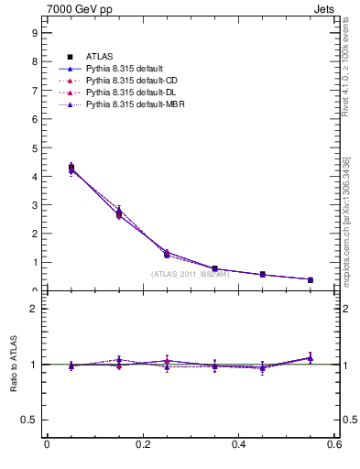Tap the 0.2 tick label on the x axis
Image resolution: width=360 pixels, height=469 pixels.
coord(143,445)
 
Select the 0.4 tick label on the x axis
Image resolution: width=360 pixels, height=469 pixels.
coord(239,445)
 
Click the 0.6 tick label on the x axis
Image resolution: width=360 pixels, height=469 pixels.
coord(334,445)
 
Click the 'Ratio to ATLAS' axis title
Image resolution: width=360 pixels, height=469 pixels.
coord(13,365)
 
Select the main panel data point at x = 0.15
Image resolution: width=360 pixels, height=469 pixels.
coord(119,213)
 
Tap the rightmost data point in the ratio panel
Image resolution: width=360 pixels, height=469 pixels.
coord(311,358)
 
